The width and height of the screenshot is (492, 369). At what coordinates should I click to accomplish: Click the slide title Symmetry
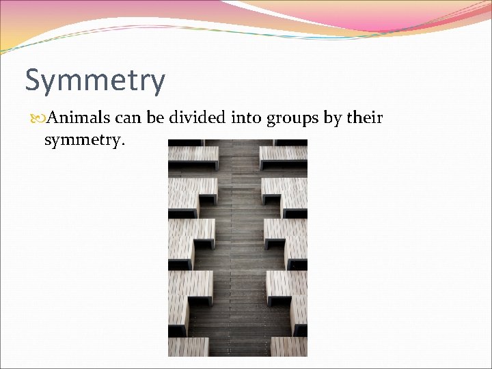(95, 81)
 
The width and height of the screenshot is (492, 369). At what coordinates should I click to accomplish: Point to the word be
(155, 118)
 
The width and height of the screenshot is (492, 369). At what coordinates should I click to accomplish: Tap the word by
(333, 120)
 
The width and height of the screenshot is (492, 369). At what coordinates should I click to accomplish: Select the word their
(365, 118)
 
